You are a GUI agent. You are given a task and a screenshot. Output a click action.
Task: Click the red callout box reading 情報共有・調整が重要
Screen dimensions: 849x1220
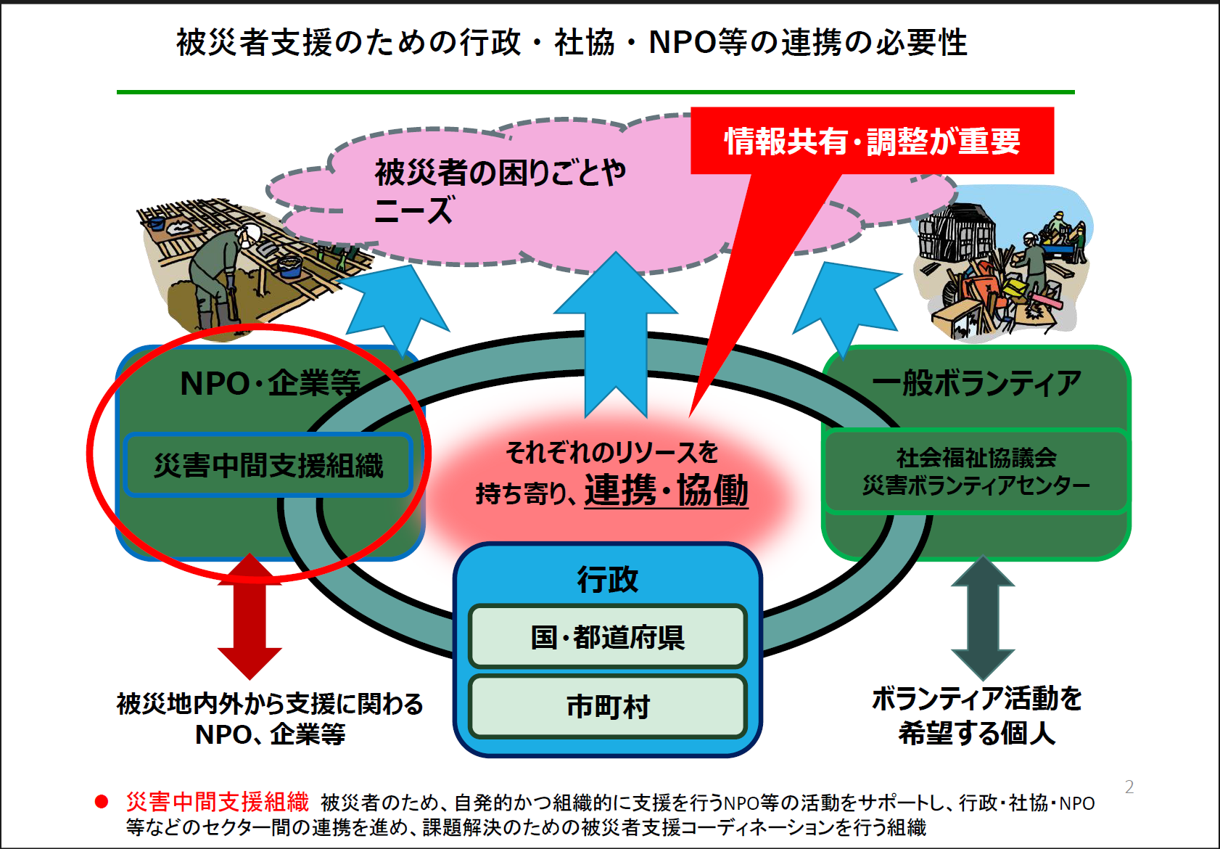pyautogui.click(x=872, y=141)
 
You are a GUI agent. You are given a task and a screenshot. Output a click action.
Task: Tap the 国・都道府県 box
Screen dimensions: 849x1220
pyautogui.click(x=608, y=636)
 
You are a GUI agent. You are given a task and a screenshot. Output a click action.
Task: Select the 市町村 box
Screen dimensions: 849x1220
pyautogui.click(x=608, y=706)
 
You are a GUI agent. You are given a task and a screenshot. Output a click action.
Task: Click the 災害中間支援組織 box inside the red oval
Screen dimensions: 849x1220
pyautogui.click(x=268, y=465)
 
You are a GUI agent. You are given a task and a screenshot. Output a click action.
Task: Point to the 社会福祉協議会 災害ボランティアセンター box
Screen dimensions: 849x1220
pyautogui.click(x=976, y=471)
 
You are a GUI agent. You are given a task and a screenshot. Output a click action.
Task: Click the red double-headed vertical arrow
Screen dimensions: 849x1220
pyautogui.click(x=250, y=616)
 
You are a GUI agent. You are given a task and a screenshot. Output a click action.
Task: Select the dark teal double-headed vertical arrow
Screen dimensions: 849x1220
pyautogui.click(x=983, y=618)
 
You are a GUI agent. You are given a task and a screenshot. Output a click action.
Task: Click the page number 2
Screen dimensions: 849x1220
pyautogui.click(x=1129, y=787)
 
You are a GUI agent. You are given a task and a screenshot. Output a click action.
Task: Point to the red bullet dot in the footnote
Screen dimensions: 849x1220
pyautogui.click(x=102, y=802)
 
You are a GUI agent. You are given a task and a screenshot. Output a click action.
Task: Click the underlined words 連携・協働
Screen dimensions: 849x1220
pyautogui.click(x=666, y=491)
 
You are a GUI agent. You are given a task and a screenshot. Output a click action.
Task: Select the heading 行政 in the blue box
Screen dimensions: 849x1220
pyautogui.click(x=608, y=579)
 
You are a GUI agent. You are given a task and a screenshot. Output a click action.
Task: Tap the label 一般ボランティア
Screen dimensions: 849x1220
pyautogui.click(x=976, y=383)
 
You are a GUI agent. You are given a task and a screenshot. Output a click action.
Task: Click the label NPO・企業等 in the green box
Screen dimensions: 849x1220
pyautogui.click(x=270, y=383)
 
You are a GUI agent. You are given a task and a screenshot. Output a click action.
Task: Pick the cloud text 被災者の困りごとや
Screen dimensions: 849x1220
pyautogui.click(x=500, y=173)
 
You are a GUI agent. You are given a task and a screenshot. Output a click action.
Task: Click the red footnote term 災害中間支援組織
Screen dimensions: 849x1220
pyautogui.click(x=218, y=802)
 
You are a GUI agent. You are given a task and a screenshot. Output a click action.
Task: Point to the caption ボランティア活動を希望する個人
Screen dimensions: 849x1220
pyautogui.click(x=976, y=715)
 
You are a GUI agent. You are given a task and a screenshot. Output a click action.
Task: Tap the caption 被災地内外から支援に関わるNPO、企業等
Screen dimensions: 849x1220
pyautogui.click(x=270, y=719)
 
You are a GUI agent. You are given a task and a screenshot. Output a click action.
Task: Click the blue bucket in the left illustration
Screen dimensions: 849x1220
pyautogui.click(x=290, y=266)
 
